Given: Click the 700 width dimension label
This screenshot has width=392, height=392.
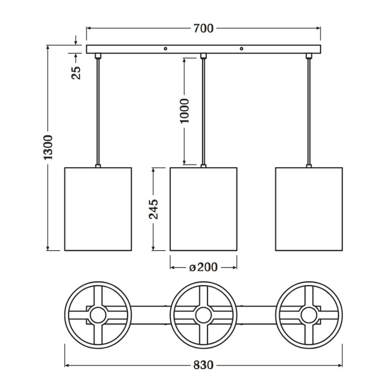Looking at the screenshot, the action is [x=203, y=28].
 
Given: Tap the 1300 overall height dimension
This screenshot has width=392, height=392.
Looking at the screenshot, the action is [x=48, y=148].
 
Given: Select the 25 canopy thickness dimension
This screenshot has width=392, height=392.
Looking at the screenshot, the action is [x=76, y=73].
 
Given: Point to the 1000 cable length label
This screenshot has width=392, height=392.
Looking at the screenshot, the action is [x=185, y=111].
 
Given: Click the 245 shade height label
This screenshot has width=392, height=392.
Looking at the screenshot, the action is [x=154, y=209].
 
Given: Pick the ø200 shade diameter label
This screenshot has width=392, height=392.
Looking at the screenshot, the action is [x=204, y=267].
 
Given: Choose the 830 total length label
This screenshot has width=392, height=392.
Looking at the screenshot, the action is [x=203, y=365].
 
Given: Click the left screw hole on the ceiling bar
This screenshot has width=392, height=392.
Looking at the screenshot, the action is [x=165, y=48].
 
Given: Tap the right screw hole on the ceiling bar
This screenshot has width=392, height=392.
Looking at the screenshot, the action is [x=241, y=48].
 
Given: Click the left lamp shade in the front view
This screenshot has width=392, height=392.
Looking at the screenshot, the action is [x=98, y=209].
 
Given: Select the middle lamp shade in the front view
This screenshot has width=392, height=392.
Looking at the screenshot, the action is [x=204, y=209].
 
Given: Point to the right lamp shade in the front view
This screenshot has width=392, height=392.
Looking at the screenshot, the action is [x=309, y=209].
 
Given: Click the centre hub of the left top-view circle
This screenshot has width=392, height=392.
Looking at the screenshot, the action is [x=98, y=315].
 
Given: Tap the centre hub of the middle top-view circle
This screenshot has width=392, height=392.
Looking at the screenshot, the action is [x=204, y=315].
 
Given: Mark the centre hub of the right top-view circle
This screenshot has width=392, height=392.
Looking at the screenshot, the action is [x=309, y=315].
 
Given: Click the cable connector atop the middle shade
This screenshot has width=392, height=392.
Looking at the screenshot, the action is [x=204, y=166].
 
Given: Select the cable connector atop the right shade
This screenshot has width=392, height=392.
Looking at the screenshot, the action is [x=309, y=166].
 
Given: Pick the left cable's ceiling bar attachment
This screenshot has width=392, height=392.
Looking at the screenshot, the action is [x=98, y=56].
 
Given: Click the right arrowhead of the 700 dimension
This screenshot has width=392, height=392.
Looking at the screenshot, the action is [x=318, y=28].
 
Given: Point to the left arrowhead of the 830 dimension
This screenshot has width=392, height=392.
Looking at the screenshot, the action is [x=67, y=365].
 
